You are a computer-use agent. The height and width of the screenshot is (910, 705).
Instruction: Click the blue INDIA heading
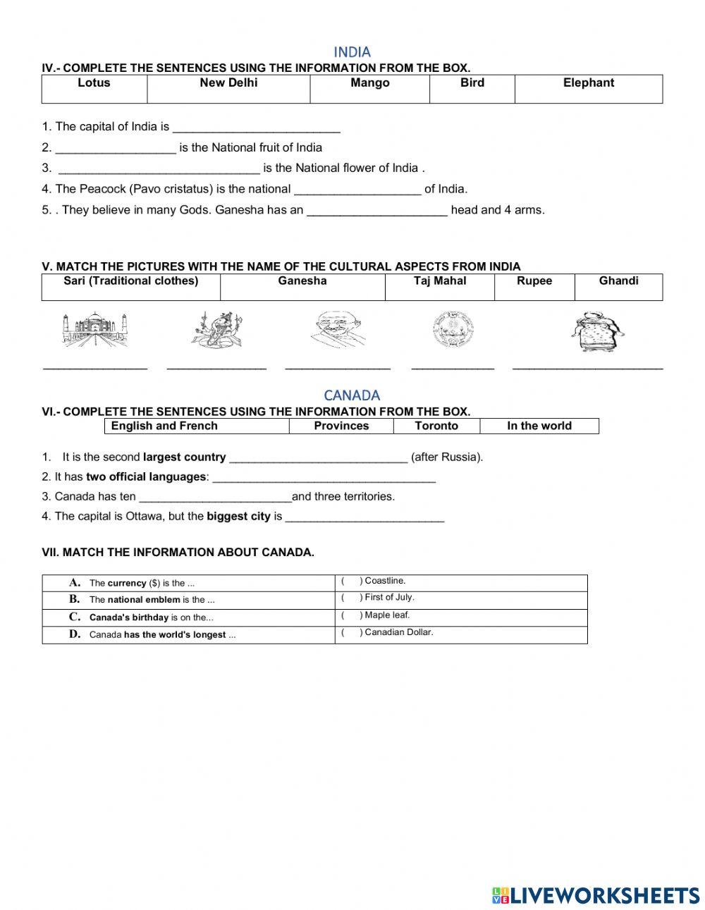(x=352, y=51)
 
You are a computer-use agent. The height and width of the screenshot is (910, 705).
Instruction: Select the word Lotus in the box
(x=94, y=83)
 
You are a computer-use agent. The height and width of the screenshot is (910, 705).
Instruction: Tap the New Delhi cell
(x=228, y=83)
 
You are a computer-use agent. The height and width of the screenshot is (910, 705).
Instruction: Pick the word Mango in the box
(x=369, y=83)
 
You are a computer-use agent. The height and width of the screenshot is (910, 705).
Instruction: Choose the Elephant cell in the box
(x=588, y=83)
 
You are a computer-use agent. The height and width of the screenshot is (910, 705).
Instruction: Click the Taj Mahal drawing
(x=95, y=330)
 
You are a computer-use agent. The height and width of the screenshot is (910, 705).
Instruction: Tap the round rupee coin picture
(x=453, y=330)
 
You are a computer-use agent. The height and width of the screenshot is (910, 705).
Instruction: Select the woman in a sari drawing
(x=597, y=331)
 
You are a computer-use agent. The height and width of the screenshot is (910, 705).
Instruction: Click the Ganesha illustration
(x=216, y=329)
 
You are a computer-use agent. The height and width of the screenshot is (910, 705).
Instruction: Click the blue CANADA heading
(x=352, y=395)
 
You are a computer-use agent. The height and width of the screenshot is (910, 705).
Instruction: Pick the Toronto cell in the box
(x=436, y=426)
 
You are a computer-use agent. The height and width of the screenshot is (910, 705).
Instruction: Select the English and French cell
(x=164, y=426)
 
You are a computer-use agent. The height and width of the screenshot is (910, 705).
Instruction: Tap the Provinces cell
(x=341, y=426)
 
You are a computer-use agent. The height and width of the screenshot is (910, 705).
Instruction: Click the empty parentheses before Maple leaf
(x=351, y=615)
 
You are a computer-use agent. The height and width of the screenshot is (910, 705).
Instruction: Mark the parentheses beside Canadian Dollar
(x=351, y=632)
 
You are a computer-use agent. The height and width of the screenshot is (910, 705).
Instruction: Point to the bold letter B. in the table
(x=75, y=599)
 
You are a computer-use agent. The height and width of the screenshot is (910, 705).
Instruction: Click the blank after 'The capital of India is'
(x=256, y=128)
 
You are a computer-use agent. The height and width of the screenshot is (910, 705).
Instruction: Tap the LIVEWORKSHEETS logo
(x=596, y=895)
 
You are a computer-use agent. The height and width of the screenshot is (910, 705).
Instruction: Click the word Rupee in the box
(x=534, y=281)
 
